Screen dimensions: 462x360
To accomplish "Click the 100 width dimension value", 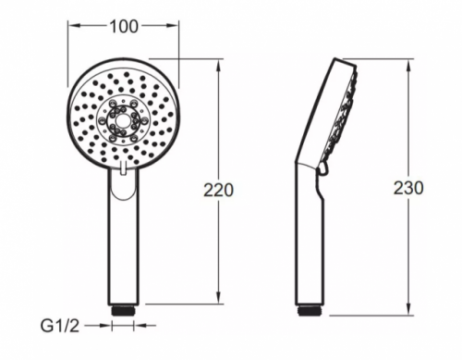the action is click(124, 27).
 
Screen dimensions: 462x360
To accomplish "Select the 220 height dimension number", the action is click(218, 190).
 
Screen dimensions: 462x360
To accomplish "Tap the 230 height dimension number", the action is click(408, 188).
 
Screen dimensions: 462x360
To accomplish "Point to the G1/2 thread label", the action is click(60, 326).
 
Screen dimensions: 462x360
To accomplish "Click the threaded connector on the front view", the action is click(123, 310).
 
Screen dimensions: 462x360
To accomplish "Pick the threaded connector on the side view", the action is click(310, 310).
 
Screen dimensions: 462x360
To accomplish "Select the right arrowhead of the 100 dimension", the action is click(172, 26).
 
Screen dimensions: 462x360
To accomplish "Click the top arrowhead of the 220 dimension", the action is click(218, 66).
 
